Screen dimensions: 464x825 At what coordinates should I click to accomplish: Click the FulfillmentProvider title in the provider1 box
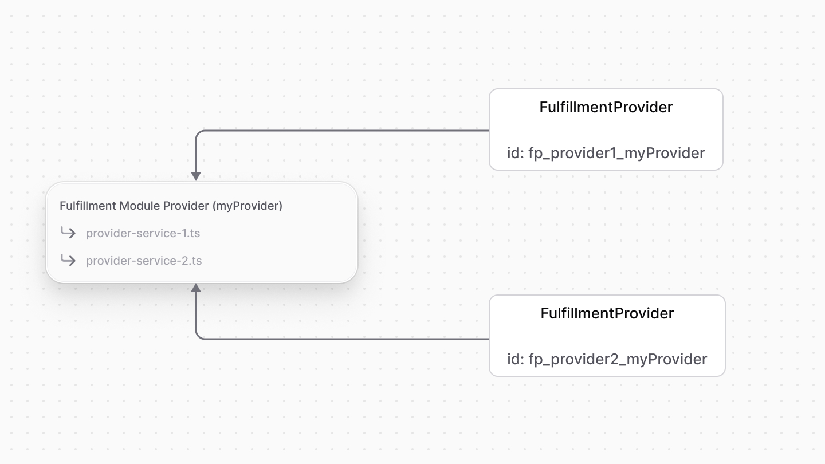coord(606,107)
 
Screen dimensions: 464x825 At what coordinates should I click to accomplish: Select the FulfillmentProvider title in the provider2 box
coord(607,313)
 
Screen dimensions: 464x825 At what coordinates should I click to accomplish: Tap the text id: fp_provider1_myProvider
coord(606,153)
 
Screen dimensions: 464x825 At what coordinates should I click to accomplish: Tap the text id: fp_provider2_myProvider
coord(607,359)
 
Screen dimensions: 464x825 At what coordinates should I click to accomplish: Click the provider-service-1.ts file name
coord(143,233)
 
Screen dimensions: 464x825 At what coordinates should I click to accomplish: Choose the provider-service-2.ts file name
coord(144,261)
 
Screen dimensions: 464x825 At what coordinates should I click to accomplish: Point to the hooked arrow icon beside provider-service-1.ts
coord(68,233)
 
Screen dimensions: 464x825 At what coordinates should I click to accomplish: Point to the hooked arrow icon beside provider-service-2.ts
coord(68,260)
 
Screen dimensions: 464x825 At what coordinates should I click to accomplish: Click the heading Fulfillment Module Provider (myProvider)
coord(171,206)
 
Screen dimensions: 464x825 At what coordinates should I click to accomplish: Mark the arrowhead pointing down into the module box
coord(196,176)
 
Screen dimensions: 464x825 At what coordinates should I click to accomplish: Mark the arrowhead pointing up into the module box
coord(196,288)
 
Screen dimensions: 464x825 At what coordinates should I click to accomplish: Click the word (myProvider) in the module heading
coord(247,206)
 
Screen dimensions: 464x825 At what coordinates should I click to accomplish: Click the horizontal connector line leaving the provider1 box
coord(344,131)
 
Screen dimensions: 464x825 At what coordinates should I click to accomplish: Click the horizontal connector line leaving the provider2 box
coord(344,339)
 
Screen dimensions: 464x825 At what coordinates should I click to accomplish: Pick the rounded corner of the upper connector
coord(198,133)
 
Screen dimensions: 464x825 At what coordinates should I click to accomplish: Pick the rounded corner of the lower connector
coord(198,336)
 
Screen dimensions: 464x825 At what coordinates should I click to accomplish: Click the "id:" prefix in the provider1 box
coord(515,153)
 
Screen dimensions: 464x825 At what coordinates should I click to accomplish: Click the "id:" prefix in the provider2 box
coord(515,359)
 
